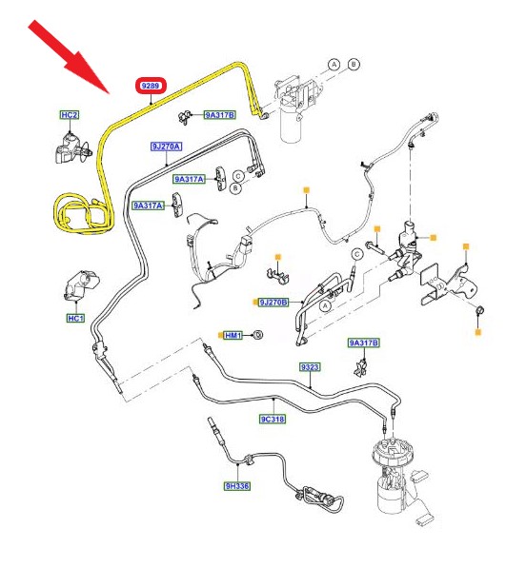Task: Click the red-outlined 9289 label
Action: (x=151, y=87)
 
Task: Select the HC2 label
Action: (x=70, y=115)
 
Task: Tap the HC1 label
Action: (x=76, y=319)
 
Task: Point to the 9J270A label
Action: (x=166, y=147)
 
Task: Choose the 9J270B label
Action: (x=273, y=303)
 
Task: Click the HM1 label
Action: (x=233, y=336)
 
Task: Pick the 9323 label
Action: (x=310, y=367)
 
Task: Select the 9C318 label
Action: (x=273, y=420)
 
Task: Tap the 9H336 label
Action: (x=237, y=486)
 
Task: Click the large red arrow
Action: (x=69, y=56)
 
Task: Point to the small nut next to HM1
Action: (x=257, y=335)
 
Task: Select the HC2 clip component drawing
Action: (x=72, y=148)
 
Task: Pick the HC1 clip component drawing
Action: (x=82, y=285)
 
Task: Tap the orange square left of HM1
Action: (x=220, y=336)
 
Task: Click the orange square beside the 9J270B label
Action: (x=255, y=302)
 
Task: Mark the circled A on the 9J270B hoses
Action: (x=325, y=306)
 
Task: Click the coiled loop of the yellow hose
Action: (x=84, y=214)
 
